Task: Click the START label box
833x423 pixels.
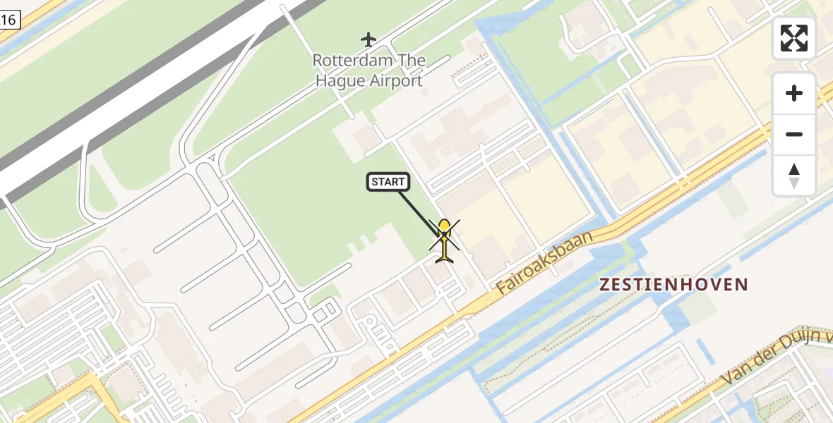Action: (388, 182)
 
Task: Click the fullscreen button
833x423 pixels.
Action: (794, 38)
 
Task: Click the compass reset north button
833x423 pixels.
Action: (794, 176)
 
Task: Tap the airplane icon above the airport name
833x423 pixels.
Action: (368, 38)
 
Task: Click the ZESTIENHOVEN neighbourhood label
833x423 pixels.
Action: (673, 285)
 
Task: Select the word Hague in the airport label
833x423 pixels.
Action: (340, 80)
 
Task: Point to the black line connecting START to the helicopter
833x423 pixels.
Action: (416, 210)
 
